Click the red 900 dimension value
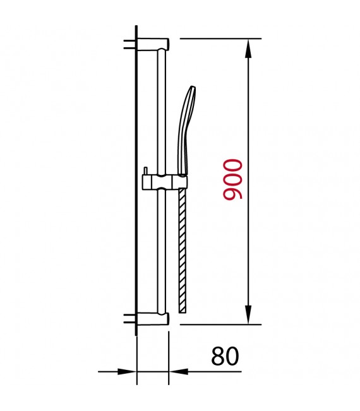pyautogui.click(x=232, y=179)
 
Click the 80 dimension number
pyautogui.click(x=225, y=356)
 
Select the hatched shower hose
pyautogui.click(x=182, y=250)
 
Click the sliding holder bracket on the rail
pyautogui.click(x=165, y=182)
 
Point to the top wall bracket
pyautogui.click(x=153, y=44)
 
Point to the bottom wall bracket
pyautogui.click(x=153, y=319)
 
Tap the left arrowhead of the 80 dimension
pyautogui.click(x=127, y=371)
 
